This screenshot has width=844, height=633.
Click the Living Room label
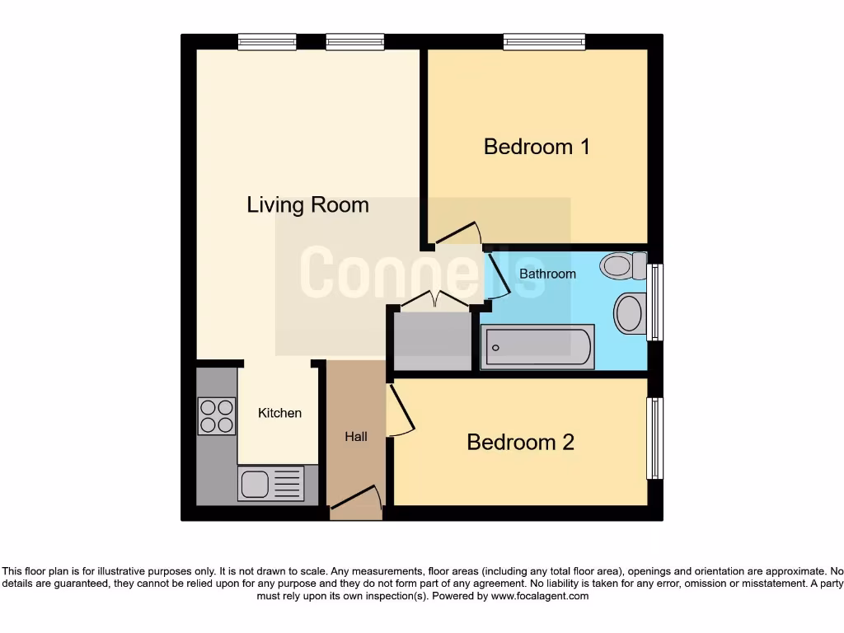click(x=307, y=204)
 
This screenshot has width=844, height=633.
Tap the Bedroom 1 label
click(x=537, y=147)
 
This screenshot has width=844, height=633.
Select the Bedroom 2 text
click(x=520, y=442)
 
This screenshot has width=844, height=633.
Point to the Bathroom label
click(x=547, y=273)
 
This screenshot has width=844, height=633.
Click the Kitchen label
click(x=279, y=412)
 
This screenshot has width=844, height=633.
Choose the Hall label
click(x=356, y=436)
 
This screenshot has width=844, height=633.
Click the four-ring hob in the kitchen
click(x=217, y=415)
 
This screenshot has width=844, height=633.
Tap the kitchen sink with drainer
click(x=270, y=483)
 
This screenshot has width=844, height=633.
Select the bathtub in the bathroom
click(x=537, y=347)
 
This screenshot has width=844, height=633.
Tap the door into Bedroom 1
click(x=457, y=234)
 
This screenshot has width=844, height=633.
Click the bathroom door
click(x=497, y=275)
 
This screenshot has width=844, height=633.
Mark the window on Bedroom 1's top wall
click(x=544, y=41)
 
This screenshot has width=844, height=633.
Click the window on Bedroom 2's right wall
click(x=654, y=438)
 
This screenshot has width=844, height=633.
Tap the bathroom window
click(x=655, y=302)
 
